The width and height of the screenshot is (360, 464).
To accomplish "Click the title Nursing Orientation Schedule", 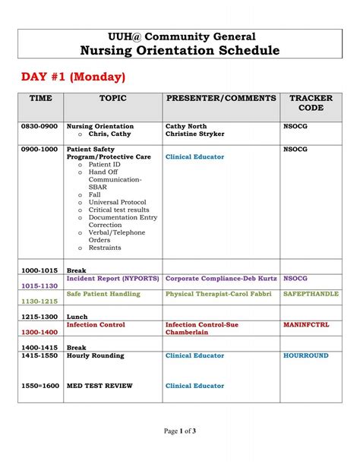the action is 179,50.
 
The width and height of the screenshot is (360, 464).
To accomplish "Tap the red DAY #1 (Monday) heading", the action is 73,77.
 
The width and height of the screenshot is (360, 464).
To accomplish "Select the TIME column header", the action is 40,99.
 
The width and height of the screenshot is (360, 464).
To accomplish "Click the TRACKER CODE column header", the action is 311,103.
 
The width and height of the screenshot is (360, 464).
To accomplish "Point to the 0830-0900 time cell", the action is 39,126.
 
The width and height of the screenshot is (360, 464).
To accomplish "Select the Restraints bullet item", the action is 106,248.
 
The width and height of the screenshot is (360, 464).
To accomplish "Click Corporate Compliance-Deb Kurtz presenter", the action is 220,278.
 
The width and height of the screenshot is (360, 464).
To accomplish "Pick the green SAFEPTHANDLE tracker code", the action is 311,293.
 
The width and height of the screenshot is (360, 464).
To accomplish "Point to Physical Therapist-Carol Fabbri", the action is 220,293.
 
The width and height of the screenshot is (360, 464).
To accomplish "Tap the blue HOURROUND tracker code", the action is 306,355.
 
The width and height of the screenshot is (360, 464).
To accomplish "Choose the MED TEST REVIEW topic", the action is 99,386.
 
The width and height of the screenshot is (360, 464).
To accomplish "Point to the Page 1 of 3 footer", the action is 180,431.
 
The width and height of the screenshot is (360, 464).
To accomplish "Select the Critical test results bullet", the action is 118,210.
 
